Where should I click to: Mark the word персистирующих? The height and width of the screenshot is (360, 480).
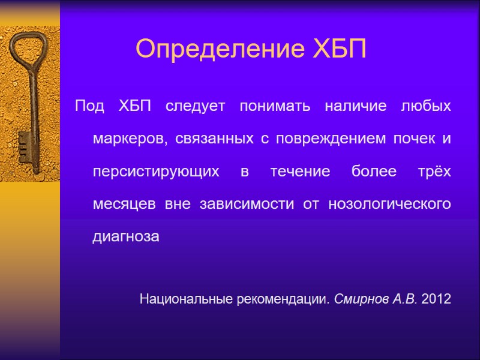156,172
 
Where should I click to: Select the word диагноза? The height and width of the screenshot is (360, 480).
126,236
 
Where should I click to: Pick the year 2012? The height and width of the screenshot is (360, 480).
436,298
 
